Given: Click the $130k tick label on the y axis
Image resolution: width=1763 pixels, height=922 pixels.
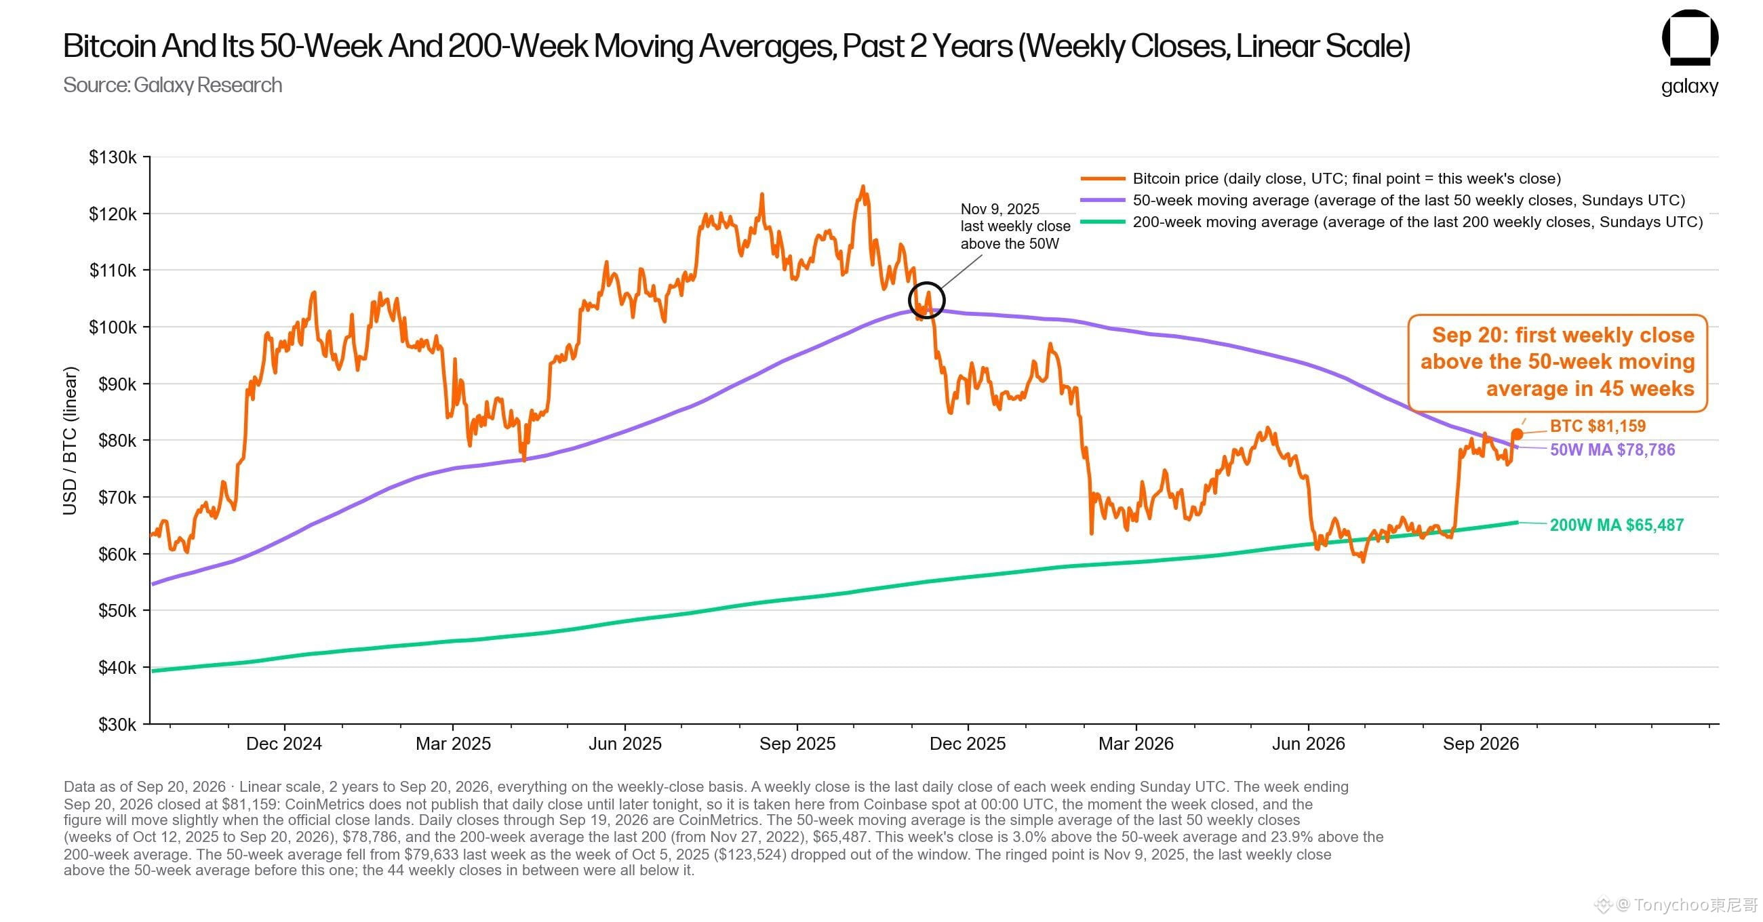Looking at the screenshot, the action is coord(113,157).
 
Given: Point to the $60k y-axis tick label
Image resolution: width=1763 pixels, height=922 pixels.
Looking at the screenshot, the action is coord(117,554).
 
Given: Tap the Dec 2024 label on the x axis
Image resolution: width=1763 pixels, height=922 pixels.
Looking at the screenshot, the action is coord(284,744).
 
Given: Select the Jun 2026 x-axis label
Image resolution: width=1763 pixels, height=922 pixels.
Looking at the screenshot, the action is coord(1309,744).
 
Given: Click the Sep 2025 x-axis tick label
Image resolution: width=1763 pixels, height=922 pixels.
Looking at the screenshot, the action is coord(797,744).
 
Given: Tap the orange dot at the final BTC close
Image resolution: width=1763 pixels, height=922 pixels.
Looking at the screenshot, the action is coord(1518,434).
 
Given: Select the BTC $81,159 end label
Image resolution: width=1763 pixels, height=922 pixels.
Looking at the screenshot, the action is coord(1598,426).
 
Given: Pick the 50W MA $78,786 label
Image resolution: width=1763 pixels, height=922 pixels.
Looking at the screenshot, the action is coord(1612,449).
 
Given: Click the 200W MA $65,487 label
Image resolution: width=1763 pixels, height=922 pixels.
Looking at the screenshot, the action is coord(1617,525).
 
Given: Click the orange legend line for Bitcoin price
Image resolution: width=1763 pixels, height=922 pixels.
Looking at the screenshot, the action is coord(1103,179).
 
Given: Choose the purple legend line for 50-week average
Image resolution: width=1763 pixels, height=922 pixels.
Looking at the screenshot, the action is coord(1103,201).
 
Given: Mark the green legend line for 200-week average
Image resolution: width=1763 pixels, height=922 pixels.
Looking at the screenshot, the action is coord(1103,222).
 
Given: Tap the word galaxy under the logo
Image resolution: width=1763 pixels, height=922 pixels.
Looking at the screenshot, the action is coord(1690,87).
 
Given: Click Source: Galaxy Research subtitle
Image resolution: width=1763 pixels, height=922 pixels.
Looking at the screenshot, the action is coord(172,85).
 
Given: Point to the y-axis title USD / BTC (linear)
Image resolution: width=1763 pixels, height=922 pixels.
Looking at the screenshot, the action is coord(70,441).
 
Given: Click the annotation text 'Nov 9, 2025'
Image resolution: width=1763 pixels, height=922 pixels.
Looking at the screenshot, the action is coord(1000,209).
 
